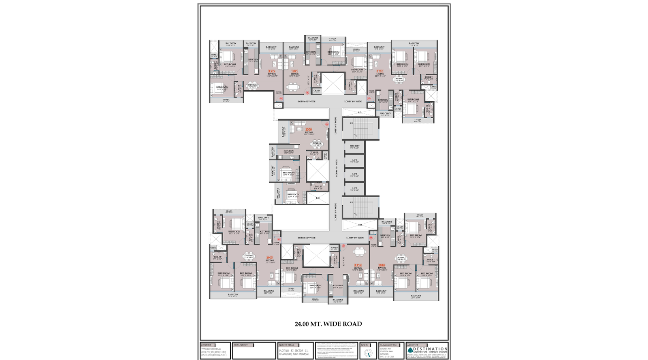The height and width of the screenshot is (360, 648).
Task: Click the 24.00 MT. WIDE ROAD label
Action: (x=328, y=324)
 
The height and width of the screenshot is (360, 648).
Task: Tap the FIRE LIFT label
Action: (x=354, y=146)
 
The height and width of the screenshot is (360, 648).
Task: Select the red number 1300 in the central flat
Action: (x=309, y=130)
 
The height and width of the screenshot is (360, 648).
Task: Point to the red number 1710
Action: (x=380, y=71)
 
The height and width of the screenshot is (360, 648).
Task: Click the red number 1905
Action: (x=269, y=258)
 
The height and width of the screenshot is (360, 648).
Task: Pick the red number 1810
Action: (x=382, y=265)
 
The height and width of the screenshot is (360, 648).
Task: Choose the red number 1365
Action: (x=271, y=71)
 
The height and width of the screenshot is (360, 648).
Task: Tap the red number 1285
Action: (x=294, y=71)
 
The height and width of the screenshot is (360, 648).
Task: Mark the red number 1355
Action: (x=358, y=265)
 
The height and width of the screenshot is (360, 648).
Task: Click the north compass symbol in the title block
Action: (x=368, y=353)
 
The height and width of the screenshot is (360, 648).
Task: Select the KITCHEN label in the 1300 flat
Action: (x=288, y=151)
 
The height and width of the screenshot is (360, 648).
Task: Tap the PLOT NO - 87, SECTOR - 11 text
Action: (x=294, y=351)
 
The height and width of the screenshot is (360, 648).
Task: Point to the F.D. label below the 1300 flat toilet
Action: (x=318, y=198)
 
